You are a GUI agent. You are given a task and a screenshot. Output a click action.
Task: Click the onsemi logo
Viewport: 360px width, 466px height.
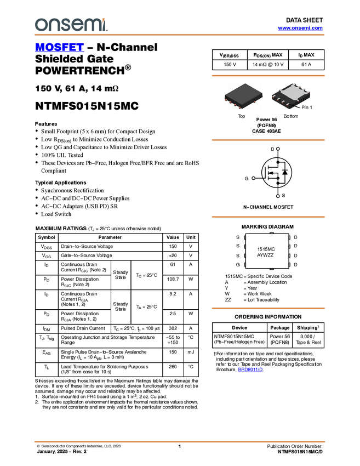(x=71, y=25)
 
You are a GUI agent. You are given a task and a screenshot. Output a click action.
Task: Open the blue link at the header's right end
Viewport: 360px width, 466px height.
(x=300, y=28)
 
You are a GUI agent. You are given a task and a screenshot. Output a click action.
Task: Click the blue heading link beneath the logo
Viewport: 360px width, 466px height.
(x=59, y=48)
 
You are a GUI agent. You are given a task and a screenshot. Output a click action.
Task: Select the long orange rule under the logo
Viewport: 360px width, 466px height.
(x=179, y=35)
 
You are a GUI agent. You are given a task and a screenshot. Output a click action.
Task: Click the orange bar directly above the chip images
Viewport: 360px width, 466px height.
(x=268, y=76)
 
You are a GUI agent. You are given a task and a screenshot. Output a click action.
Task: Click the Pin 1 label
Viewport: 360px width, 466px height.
(x=306, y=107)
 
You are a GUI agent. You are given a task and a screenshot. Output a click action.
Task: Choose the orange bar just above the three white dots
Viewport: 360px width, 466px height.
(x=268, y=140)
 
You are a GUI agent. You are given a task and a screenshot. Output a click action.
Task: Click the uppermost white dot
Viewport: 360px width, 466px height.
(x=278, y=149)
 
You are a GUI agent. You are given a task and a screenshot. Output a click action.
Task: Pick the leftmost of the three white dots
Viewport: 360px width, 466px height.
(x=253, y=178)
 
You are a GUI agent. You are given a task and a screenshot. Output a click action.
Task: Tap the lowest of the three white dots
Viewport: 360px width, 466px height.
(x=278, y=196)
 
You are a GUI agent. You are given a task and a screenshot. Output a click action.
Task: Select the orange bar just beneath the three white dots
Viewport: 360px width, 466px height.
(x=268, y=217)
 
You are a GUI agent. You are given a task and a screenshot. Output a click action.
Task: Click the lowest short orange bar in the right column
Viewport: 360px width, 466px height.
(x=268, y=308)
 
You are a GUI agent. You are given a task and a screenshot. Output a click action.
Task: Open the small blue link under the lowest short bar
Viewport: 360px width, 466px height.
(x=250, y=370)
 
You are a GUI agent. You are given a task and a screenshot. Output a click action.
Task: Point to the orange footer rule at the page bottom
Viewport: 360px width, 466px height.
(x=179, y=441)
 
